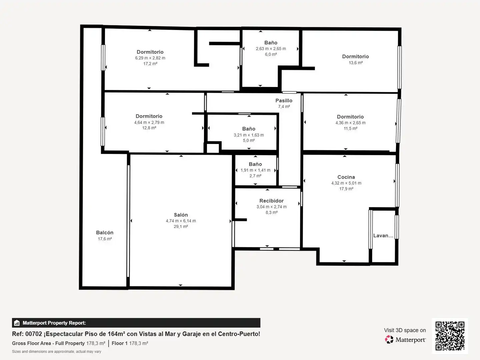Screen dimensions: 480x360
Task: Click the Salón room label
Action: [x=181, y=215]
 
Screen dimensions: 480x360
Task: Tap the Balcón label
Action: [x=105, y=233]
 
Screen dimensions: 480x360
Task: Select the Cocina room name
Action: [x=346, y=177]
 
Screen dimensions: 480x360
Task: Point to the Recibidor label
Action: [x=271, y=201]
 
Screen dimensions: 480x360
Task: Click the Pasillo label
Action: [x=284, y=101]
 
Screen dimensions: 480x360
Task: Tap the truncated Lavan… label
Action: [x=383, y=236]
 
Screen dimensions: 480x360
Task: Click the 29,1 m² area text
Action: [x=181, y=227]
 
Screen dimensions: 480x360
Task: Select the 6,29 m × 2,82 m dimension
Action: [x=150, y=58]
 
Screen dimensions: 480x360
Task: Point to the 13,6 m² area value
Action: [x=356, y=63]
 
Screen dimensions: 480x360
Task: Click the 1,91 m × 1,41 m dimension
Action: [x=255, y=170]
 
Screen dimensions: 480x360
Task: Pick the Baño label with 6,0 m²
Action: [x=271, y=43]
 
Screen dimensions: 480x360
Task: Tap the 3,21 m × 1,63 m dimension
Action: [x=249, y=135]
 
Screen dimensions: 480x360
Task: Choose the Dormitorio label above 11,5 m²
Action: [x=350, y=117]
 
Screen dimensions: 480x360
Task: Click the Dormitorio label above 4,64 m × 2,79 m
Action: [x=149, y=116]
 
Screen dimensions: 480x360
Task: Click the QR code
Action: [x=450, y=336]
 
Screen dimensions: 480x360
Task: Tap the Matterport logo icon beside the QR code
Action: [x=389, y=339]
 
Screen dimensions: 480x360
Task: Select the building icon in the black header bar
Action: [x=17, y=323]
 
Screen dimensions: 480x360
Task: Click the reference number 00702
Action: [x=34, y=334]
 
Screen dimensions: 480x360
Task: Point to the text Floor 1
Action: [x=120, y=343]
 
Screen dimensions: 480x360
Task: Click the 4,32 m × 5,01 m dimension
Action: [x=346, y=183]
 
